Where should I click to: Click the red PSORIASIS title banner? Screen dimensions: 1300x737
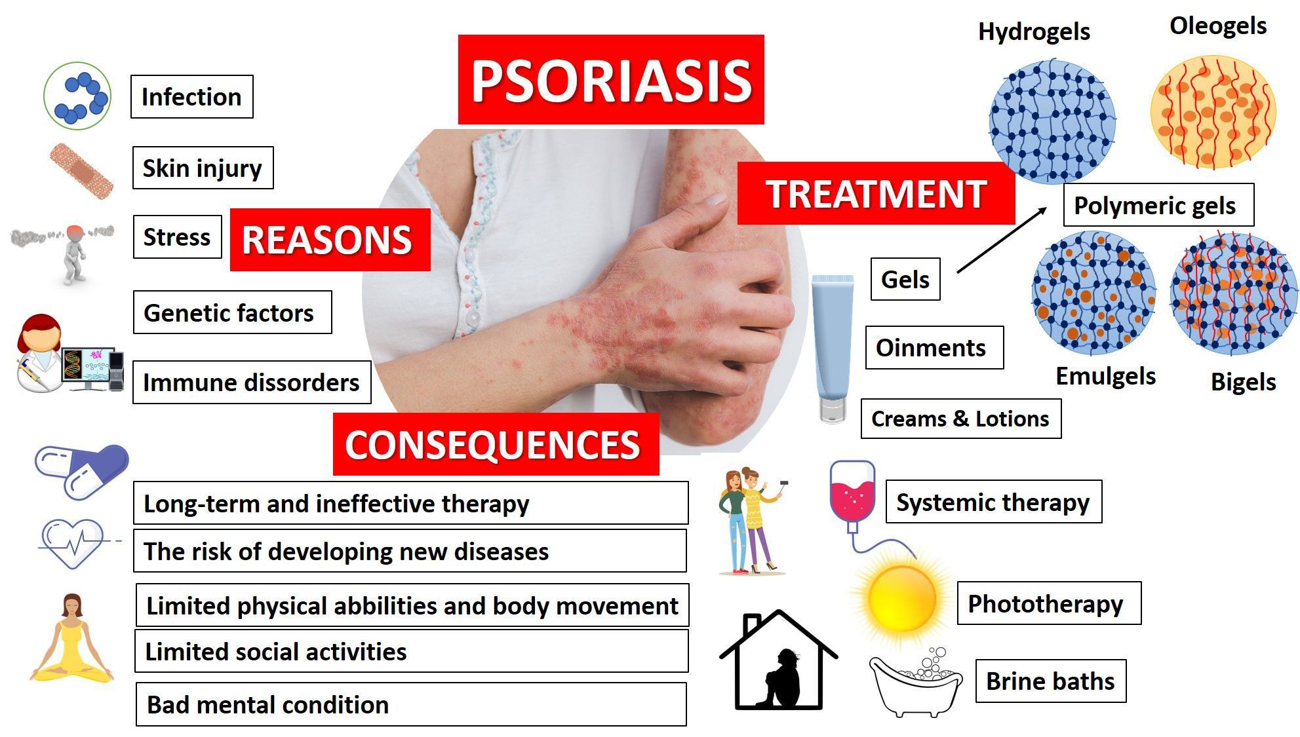click(x=611, y=79)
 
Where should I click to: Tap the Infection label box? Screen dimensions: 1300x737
click(x=192, y=97)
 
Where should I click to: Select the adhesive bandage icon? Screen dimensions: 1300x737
click(x=81, y=170)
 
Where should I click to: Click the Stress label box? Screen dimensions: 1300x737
click(x=178, y=236)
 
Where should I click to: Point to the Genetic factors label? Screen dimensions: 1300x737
click(x=233, y=312)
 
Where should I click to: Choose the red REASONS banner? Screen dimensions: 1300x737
click(x=330, y=239)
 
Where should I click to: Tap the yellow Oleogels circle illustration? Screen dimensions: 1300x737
click(x=1213, y=111)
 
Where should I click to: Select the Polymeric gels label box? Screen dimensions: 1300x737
click(x=1158, y=205)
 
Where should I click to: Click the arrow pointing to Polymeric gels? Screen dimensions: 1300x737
click(x=1002, y=240)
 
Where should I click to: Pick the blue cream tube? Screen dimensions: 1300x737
click(x=833, y=349)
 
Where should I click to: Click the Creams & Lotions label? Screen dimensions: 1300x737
click(x=960, y=419)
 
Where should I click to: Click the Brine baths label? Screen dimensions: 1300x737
click(x=1050, y=681)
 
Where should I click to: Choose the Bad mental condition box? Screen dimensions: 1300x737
click(x=411, y=704)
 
